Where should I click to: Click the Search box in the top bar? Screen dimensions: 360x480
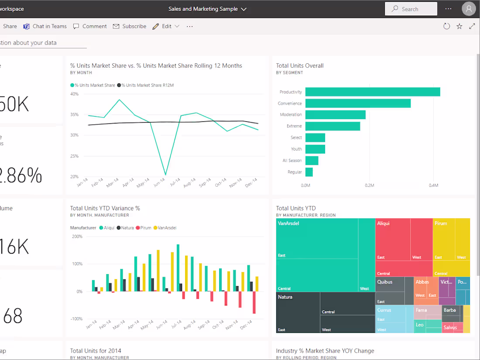tap(411, 9)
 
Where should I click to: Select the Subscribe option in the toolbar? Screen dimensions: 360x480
tap(130, 26)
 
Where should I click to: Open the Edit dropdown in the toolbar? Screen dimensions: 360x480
tap(166, 26)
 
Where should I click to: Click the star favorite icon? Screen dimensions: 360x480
tap(459, 26)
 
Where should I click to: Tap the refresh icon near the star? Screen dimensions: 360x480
tap(446, 26)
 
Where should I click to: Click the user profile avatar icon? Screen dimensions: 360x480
tap(469, 9)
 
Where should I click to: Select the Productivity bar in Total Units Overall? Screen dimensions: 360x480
tap(372, 92)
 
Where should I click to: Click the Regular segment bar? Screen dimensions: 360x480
tap(309, 172)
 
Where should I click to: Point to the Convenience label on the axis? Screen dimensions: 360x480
tap(290, 103)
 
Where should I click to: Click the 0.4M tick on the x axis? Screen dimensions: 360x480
tap(433, 185)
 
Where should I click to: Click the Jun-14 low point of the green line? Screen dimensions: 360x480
tap(165, 175)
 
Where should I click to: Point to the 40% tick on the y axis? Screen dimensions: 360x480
tap(74, 94)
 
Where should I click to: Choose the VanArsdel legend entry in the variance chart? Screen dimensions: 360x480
tap(167, 228)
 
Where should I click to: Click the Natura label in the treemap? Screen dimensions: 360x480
tap(285, 297)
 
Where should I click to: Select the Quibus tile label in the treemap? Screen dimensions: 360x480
tap(384, 282)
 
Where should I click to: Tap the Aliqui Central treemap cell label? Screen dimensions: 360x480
tap(384, 274)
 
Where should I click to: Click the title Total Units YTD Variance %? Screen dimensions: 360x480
tap(105, 208)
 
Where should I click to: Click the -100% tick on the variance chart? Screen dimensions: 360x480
tap(76, 319)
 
